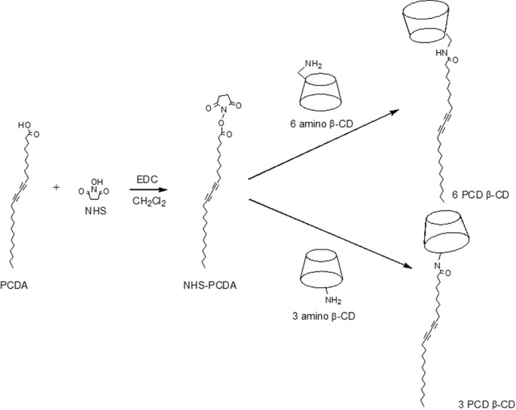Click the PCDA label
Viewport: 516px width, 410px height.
click(x=14, y=286)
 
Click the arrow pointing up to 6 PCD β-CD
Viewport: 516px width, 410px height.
click(x=324, y=144)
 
